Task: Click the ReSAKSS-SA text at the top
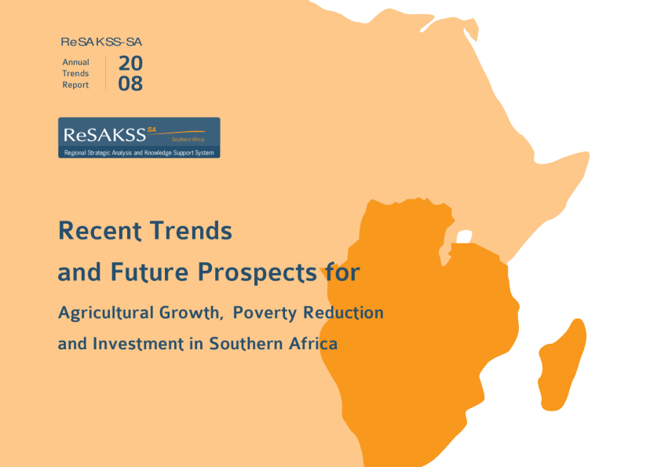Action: (101, 42)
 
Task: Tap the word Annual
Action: (76, 62)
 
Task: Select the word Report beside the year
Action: (75, 85)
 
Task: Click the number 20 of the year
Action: (130, 64)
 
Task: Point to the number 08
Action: (130, 83)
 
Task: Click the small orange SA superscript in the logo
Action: (152, 130)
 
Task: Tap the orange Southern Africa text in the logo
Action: (188, 139)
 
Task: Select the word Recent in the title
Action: (100, 231)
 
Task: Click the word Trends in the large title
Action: (192, 231)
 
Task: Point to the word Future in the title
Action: (149, 272)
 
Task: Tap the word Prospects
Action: (257, 272)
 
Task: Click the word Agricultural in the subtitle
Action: (106, 312)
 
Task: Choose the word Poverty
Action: (265, 312)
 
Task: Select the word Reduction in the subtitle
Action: (344, 312)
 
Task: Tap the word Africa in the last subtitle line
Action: (313, 344)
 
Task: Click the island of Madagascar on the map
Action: (562, 365)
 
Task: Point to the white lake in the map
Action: (464, 237)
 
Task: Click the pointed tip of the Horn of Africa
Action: (589, 155)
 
